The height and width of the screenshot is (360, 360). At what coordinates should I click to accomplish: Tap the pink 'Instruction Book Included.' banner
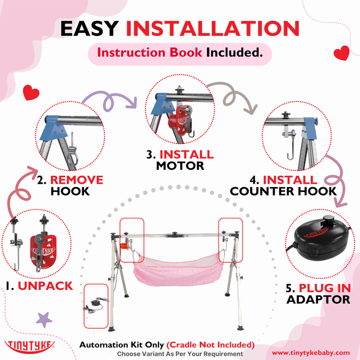tap(180, 52)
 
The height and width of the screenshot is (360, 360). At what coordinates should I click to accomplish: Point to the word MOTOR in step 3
tap(180, 165)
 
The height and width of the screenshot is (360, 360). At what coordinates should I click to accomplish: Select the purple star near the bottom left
tap(44, 319)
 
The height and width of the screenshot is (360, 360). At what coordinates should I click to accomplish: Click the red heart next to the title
tap(341, 53)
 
